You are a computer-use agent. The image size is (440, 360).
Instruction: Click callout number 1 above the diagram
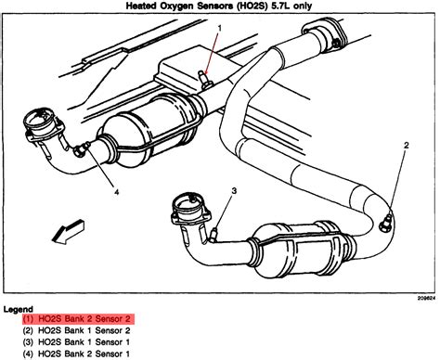pyautogui.click(x=220, y=28)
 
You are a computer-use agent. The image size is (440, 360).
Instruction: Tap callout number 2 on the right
pyautogui.click(x=407, y=145)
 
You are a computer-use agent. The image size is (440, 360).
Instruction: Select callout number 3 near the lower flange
pyautogui.click(x=234, y=190)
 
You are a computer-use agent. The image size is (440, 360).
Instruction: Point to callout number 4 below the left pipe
pyautogui.click(x=116, y=192)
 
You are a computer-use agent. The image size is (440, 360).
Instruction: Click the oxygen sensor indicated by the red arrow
pyautogui.click(x=204, y=80)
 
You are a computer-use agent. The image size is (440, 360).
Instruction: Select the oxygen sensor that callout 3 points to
pyautogui.click(x=214, y=234)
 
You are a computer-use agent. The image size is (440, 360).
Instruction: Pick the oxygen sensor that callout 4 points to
pyautogui.click(x=82, y=148)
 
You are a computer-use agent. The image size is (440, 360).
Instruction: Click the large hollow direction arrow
pyautogui.click(x=68, y=232)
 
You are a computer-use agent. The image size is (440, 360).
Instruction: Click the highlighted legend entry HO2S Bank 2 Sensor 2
pyautogui.click(x=79, y=318)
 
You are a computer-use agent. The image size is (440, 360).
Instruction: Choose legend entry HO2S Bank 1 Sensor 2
pyautogui.click(x=76, y=330)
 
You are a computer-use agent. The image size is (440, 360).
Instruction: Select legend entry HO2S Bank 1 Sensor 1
pyautogui.click(x=76, y=342)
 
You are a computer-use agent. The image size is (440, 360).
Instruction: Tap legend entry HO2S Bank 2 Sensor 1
pyautogui.click(x=76, y=354)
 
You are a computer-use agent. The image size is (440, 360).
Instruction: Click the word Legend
pyautogui.click(x=19, y=309)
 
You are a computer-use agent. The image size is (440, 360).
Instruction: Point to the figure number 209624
pyautogui.click(x=426, y=298)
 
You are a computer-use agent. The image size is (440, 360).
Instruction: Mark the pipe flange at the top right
pyautogui.click(x=324, y=34)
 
